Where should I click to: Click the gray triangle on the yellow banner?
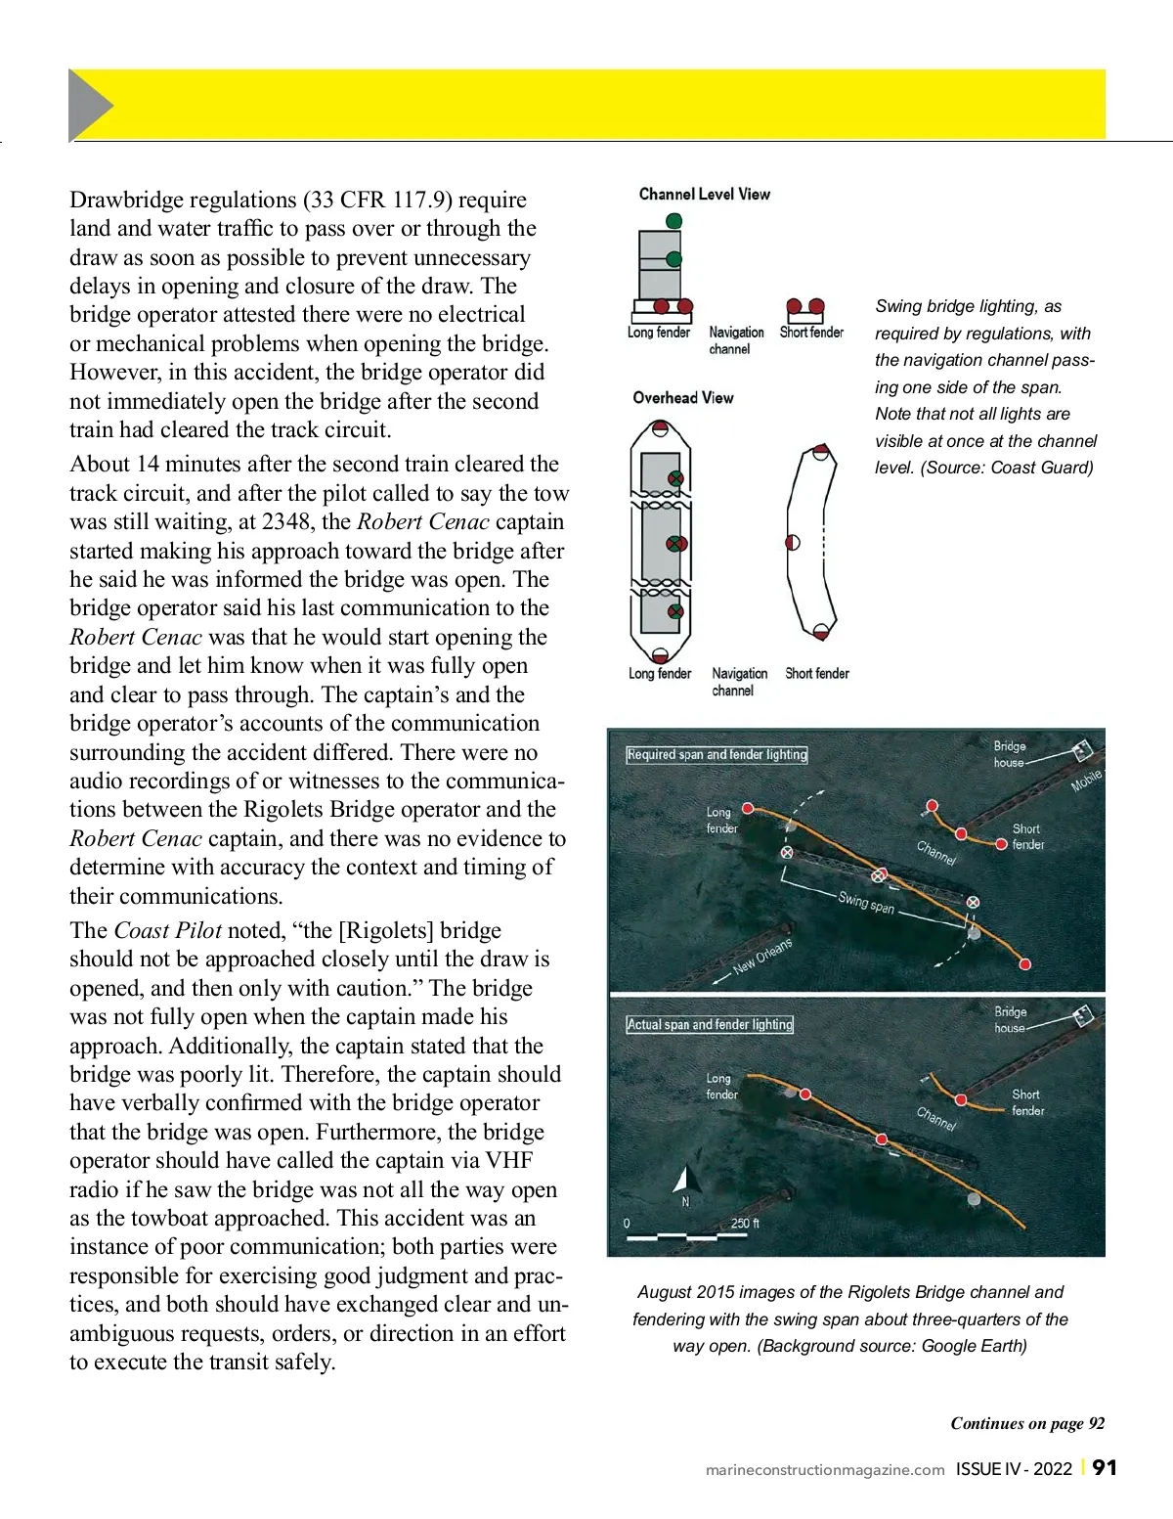(x=89, y=105)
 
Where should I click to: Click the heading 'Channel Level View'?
(x=704, y=194)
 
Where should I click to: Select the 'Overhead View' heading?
(x=682, y=397)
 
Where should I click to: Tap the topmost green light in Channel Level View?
(x=673, y=221)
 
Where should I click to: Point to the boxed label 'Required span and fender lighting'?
(x=717, y=754)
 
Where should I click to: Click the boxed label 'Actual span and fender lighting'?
(x=710, y=1024)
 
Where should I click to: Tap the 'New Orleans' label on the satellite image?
(x=762, y=957)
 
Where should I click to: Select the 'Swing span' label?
(x=866, y=902)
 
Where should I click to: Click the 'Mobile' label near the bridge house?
(x=1086, y=781)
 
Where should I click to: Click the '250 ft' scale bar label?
(x=745, y=1223)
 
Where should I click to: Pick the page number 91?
(x=1105, y=1467)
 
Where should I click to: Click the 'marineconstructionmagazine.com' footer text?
(x=825, y=1469)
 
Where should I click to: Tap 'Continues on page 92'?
(x=1027, y=1423)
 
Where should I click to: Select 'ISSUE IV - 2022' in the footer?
(x=1014, y=1468)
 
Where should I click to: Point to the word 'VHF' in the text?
(x=509, y=1160)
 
